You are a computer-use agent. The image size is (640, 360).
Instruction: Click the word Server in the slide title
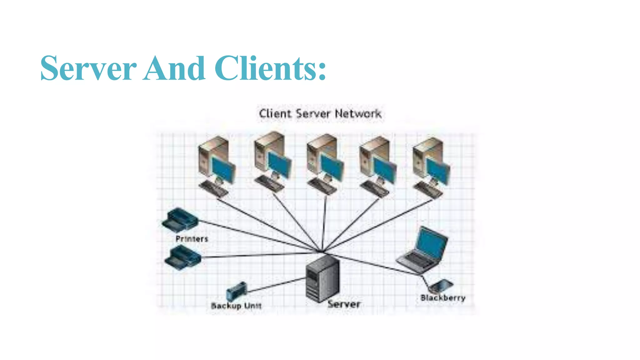point(88,68)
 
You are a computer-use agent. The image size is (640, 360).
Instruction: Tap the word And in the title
point(174,68)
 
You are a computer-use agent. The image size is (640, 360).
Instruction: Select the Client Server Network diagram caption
point(320,114)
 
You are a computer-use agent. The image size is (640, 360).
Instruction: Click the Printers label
point(192,239)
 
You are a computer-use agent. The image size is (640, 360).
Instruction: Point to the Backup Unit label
point(236,306)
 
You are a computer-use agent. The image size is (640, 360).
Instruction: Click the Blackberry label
point(443,298)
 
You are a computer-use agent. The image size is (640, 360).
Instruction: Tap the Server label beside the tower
point(344,304)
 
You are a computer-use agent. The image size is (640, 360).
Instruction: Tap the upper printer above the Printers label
point(179,219)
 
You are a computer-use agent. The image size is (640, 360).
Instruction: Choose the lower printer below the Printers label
point(182,257)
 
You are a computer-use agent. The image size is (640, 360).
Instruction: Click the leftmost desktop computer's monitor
point(223,170)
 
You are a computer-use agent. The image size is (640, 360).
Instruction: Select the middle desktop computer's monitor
point(332,167)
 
